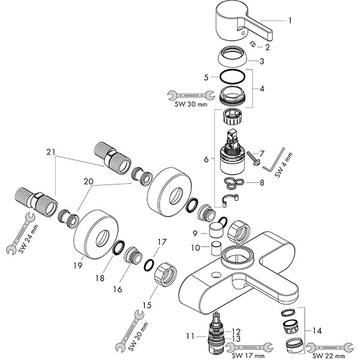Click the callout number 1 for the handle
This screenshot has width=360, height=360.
(x=290, y=21)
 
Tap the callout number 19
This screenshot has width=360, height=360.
(x=77, y=263)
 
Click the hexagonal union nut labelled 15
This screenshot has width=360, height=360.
(x=163, y=277)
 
